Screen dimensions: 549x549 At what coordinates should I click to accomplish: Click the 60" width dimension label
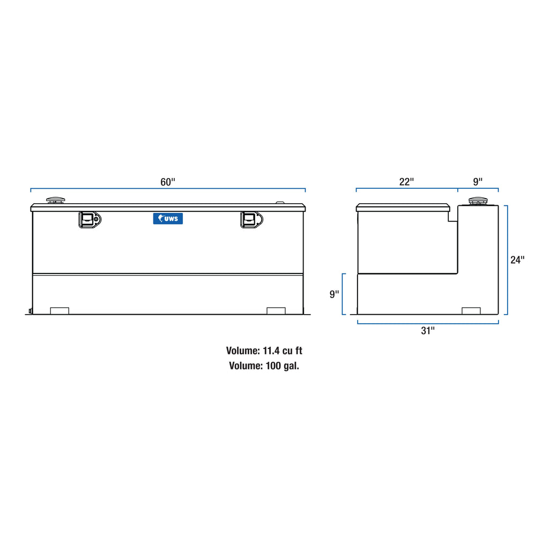pos(168,182)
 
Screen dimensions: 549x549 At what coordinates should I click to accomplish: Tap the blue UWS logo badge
pos(168,218)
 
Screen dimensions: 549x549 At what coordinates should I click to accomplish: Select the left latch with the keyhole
pos(90,219)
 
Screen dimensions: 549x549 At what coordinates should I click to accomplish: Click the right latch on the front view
pos(251,219)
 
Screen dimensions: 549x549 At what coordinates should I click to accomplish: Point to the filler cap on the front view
pos(55,201)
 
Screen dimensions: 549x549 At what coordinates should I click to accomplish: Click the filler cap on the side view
pos(477,202)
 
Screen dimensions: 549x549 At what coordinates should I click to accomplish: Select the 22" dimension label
pos(406,182)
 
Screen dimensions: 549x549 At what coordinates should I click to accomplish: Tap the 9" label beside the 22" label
pos(478,182)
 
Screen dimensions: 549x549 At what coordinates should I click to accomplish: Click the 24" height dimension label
pos(517,260)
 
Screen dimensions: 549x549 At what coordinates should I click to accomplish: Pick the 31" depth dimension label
pos(427,331)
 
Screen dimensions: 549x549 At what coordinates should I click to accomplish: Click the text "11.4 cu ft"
pos(283,351)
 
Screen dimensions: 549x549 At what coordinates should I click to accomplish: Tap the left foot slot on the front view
pos(60,311)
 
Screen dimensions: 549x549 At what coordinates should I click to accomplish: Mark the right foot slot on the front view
pos(276,311)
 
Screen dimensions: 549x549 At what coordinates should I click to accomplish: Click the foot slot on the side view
pos(471,311)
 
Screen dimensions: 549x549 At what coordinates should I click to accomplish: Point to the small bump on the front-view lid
pos(280,203)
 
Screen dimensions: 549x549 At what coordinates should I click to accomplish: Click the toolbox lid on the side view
pos(403,207)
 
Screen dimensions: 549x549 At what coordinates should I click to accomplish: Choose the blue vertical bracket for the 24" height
pos(507,260)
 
